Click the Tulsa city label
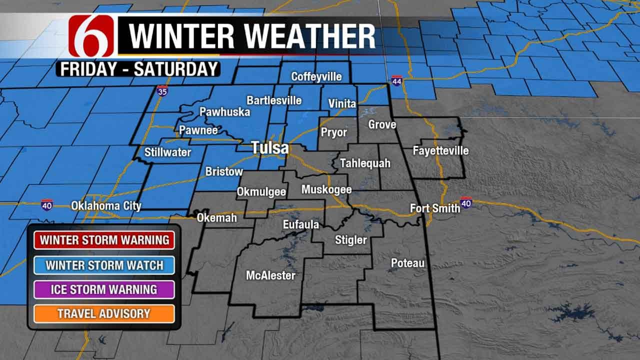tap(270, 148)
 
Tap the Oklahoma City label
tap(106, 205)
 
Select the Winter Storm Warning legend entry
tap(104, 239)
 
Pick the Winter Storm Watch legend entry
tap(104, 264)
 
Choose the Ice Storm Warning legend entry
tap(104, 289)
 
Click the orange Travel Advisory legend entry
tap(104, 313)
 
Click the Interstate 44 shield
tap(396, 81)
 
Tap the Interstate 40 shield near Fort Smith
tap(466, 202)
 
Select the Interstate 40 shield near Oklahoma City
tap(47, 204)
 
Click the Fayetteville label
tap(440, 150)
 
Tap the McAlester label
tap(270, 275)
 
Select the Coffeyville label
tap(316, 76)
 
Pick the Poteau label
tap(407, 263)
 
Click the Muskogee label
tap(326, 189)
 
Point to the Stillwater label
tap(167, 152)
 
